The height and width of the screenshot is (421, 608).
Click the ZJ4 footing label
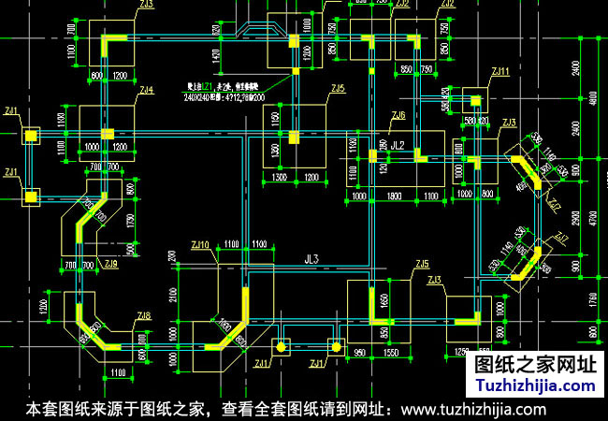point(147,90)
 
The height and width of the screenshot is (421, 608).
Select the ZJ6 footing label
point(398,116)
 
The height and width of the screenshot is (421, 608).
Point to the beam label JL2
point(398,146)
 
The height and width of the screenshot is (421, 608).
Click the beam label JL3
point(312,259)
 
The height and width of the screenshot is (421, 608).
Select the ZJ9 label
point(111,265)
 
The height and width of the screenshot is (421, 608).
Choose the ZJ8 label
point(143,317)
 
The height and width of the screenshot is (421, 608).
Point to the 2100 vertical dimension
point(174,297)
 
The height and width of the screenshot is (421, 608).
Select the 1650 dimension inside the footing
point(383,301)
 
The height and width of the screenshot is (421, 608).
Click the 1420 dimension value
point(216,58)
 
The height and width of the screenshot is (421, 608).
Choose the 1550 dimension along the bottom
point(390,354)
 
